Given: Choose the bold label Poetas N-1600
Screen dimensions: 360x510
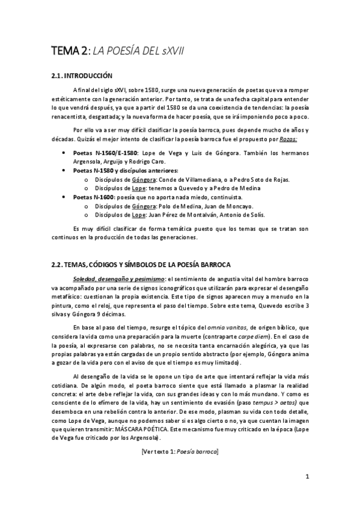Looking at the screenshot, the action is pos(91,197).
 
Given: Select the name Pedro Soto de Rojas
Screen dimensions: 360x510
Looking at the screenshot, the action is pos(260,180).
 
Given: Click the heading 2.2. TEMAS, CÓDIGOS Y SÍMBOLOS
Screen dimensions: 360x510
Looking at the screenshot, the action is pos(137,265).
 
